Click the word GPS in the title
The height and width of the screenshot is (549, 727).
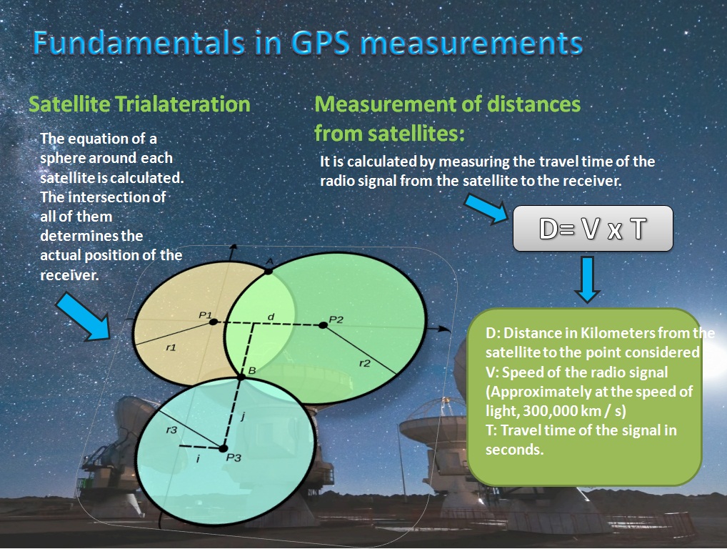(321, 44)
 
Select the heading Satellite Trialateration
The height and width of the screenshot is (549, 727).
(139, 104)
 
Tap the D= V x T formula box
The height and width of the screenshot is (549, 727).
(593, 229)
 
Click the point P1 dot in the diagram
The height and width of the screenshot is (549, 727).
(213, 322)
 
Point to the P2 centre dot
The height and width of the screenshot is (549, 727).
(324, 325)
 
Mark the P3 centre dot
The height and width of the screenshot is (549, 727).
(223, 448)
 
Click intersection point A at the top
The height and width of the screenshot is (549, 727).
(269, 270)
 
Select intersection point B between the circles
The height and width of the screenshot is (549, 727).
(241, 377)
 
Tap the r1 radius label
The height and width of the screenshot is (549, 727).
(171, 347)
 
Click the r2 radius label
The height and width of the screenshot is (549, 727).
(365, 363)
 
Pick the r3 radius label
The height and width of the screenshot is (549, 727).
(171, 430)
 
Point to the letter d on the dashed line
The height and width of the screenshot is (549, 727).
(271, 317)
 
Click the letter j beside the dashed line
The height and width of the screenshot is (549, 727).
(243, 417)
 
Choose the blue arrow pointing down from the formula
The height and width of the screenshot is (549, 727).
(588, 280)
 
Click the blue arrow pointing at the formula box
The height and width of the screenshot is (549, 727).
(486, 209)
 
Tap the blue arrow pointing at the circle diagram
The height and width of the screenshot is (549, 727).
(84, 317)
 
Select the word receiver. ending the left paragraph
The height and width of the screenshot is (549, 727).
(69, 275)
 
